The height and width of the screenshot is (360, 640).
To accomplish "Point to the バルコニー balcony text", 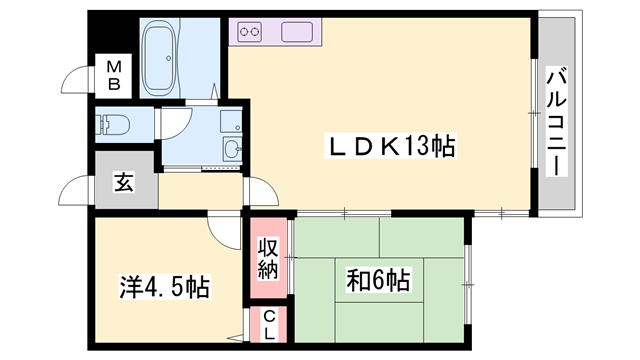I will [556, 120].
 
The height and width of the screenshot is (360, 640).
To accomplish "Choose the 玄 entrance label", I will [123, 182].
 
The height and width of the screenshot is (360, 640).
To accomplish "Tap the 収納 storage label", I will [268, 258].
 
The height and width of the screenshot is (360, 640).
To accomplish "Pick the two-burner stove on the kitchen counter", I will [250, 33].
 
